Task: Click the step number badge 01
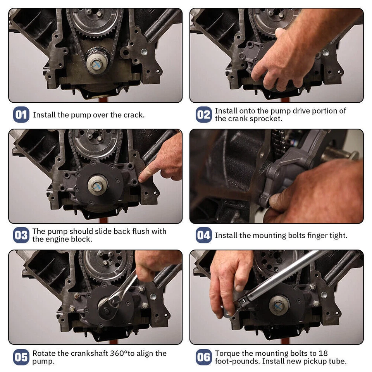point(21,115)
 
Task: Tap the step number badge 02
point(203,115)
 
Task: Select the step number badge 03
point(21,235)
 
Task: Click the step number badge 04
point(203,235)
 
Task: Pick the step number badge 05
point(21,357)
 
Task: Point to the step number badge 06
point(203,357)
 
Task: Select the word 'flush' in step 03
point(133,231)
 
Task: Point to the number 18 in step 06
point(323,353)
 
